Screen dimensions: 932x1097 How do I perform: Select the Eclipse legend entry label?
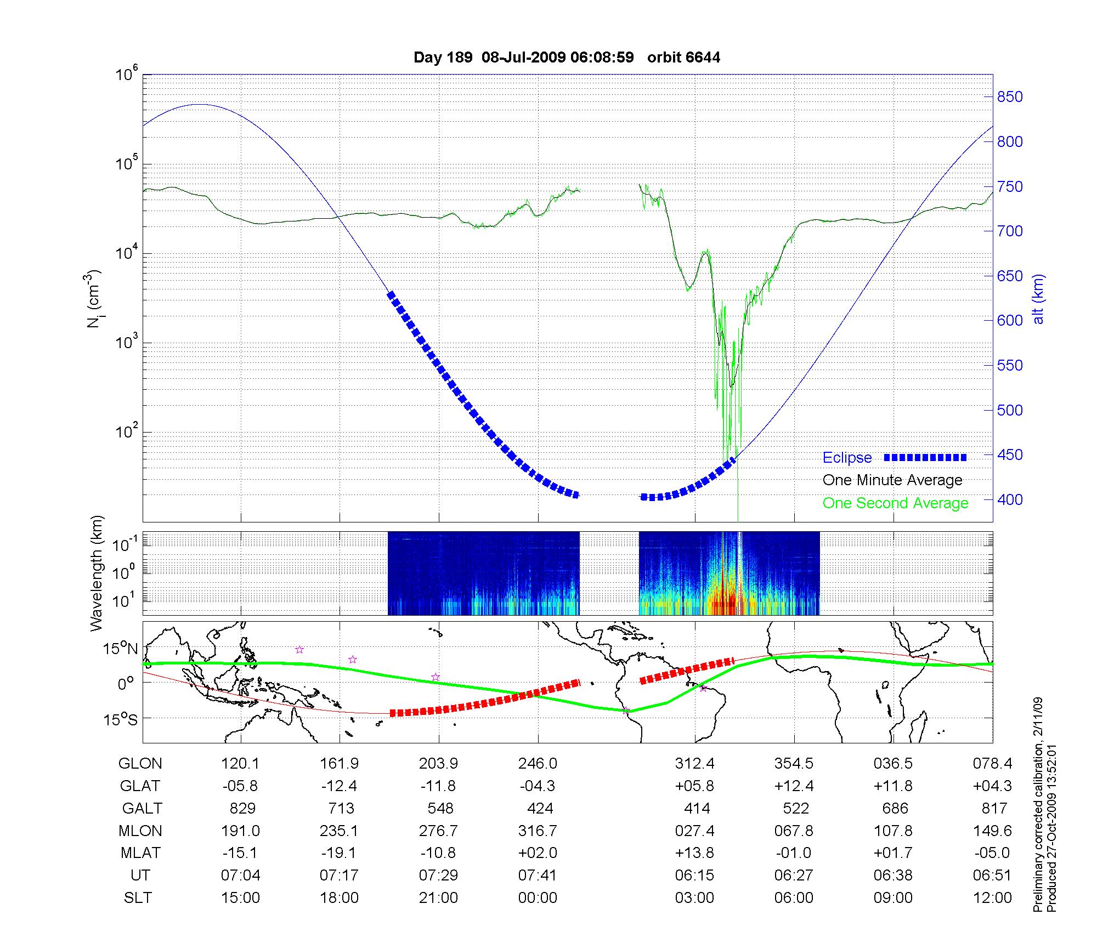(x=847, y=458)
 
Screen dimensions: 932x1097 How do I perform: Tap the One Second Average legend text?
(x=895, y=503)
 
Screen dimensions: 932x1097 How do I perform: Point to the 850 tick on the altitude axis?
(x=1010, y=97)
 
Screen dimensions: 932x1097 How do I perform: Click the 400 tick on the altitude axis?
(x=1010, y=499)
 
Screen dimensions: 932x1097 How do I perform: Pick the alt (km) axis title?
(x=1038, y=299)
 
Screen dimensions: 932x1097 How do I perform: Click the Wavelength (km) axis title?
(x=97, y=573)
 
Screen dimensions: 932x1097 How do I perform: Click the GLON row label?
(x=140, y=764)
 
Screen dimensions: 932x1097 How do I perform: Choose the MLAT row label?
(x=140, y=853)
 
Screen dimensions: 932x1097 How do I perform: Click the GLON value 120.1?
(x=240, y=764)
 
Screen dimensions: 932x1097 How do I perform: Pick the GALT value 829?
(x=242, y=809)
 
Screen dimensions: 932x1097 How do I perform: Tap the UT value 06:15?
(x=694, y=876)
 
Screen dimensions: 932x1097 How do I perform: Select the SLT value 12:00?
(x=992, y=898)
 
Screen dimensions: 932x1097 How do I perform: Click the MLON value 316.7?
(x=538, y=831)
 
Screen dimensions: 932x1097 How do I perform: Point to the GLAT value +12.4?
(x=794, y=786)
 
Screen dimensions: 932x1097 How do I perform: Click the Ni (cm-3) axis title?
(x=94, y=299)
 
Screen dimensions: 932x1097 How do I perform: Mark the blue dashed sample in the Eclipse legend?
(x=925, y=458)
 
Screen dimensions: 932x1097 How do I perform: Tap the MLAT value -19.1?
(x=339, y=853)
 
